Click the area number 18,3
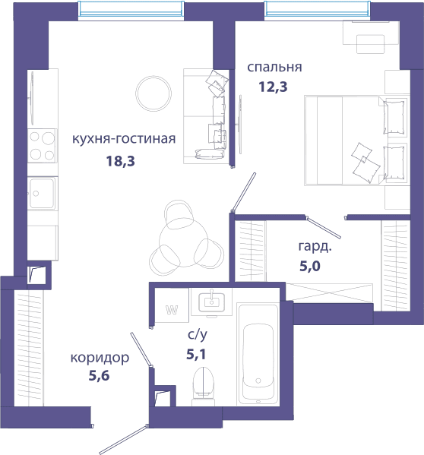coord(121,161)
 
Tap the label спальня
coord(274,67)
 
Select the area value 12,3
coord(273,87)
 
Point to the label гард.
coord(315,247)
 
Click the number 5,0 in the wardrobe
coord(310,266)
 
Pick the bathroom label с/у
coord(198,335)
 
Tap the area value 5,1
coord(196,354)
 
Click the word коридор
coord(100,358)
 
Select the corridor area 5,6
coord(99,376)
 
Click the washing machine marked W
coord(172,305)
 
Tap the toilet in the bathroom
coord(204,386)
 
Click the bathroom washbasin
coord(211,302)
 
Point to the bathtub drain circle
coord(258,381)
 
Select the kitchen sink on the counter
coord(41,193)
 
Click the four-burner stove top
coord(43,146)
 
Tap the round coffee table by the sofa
coord(153,93)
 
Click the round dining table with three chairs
coord(183,242)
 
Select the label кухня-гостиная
coord(124,139)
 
